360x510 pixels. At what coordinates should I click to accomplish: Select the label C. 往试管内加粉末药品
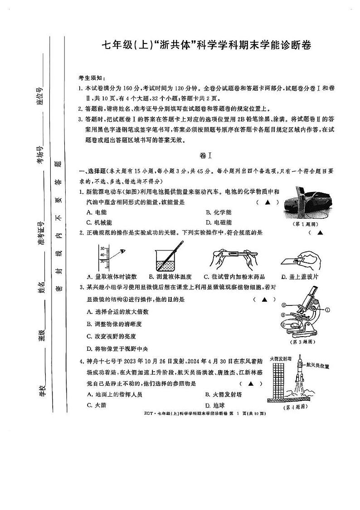click(x=234, y=276)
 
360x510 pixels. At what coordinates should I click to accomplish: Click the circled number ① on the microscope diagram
click(x=327, y=310)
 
